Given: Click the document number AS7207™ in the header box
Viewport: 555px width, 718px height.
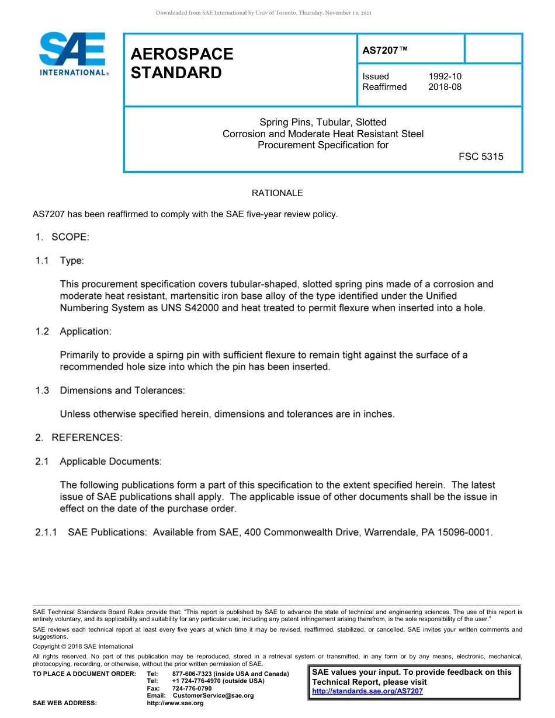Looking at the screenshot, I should tap(385, 51).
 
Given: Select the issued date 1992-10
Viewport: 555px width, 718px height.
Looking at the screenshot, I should tap(445, 76).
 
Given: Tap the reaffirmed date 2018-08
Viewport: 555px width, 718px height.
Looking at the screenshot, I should tap(445, 87).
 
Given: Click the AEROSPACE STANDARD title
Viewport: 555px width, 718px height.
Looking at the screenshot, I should tap(182, 63).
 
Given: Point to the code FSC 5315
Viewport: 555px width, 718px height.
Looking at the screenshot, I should tap(481, 156).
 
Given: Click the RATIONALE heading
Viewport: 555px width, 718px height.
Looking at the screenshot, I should tap(277, 193).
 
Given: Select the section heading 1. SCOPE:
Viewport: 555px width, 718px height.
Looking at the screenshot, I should tap(61, 237).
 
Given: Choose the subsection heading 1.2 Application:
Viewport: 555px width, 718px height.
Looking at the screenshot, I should tap(73, 332).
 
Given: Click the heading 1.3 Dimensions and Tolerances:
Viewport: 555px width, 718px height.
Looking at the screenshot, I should tap(110, 391).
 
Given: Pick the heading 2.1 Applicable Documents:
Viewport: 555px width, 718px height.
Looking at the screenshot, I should tap(98, 461).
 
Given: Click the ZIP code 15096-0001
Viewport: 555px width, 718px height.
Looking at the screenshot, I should tap(464, 532).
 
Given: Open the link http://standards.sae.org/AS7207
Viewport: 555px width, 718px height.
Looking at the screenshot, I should tap(367, 691).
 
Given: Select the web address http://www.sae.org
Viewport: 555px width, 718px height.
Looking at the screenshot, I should tap(175, 703).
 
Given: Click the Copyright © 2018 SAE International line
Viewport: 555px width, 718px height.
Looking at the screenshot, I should tap(83, 646).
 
